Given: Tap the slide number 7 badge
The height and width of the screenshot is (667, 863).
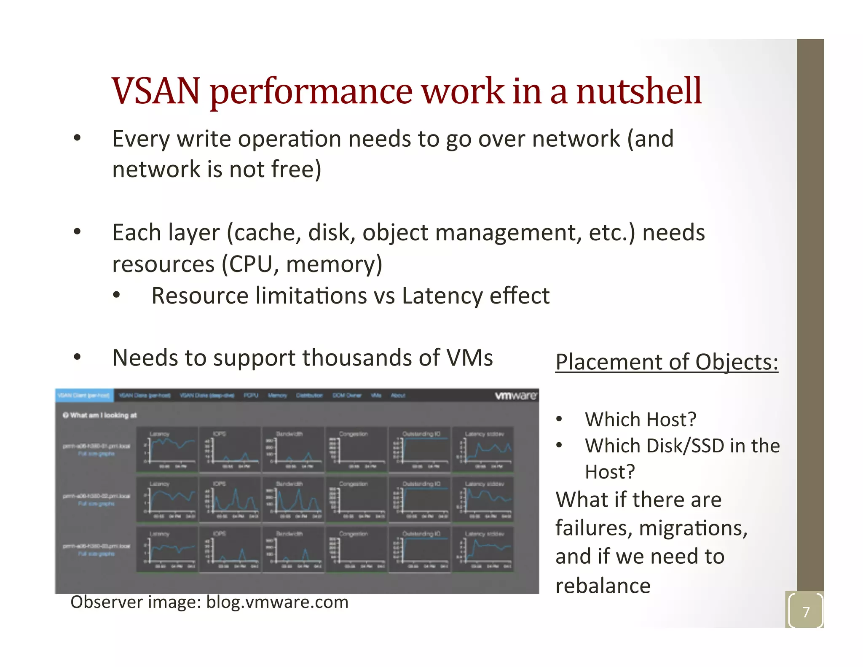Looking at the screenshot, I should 806,611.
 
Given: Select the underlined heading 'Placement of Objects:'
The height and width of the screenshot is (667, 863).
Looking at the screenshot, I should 667,362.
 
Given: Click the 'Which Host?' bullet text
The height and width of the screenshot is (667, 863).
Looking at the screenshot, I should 640,420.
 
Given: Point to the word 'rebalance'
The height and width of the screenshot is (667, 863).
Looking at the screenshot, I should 603,586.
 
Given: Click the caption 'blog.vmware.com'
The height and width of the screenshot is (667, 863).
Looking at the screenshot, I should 277,602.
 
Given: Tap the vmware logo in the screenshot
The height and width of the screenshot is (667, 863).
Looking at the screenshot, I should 516,395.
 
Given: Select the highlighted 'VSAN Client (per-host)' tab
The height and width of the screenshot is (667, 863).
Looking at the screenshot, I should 84,395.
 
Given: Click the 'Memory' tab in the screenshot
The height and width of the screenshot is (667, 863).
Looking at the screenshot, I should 277,395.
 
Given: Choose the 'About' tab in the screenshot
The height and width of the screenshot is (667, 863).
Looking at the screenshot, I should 398,395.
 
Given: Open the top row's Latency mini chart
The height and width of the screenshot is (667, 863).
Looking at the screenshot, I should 167,449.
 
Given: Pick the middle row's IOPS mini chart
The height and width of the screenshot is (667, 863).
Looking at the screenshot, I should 230,499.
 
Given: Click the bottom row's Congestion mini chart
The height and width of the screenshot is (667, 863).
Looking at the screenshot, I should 356,549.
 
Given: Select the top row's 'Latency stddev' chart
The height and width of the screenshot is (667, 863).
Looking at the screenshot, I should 482,449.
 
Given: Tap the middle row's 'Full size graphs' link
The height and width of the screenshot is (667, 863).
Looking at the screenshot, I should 96,504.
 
